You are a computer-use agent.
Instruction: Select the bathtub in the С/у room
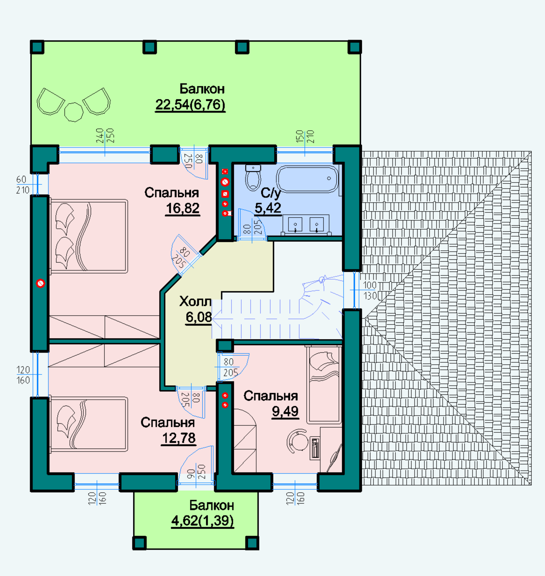307,179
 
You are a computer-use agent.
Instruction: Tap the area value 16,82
182,208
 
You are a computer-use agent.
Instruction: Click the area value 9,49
285,411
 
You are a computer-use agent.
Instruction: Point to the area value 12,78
179,438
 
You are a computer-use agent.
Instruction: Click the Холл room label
195,301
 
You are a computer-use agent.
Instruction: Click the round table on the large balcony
74,112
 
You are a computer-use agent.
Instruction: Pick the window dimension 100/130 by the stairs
370,290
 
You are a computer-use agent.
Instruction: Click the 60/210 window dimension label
22,185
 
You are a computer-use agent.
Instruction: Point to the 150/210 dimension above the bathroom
305,137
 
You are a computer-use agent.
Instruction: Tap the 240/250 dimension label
105,136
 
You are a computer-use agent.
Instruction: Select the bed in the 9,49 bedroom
324,385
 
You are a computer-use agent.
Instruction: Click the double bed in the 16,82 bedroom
89,236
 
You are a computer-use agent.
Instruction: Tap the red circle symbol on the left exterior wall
40,283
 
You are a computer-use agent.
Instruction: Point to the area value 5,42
268,208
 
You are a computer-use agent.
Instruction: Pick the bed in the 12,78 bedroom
89,424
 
